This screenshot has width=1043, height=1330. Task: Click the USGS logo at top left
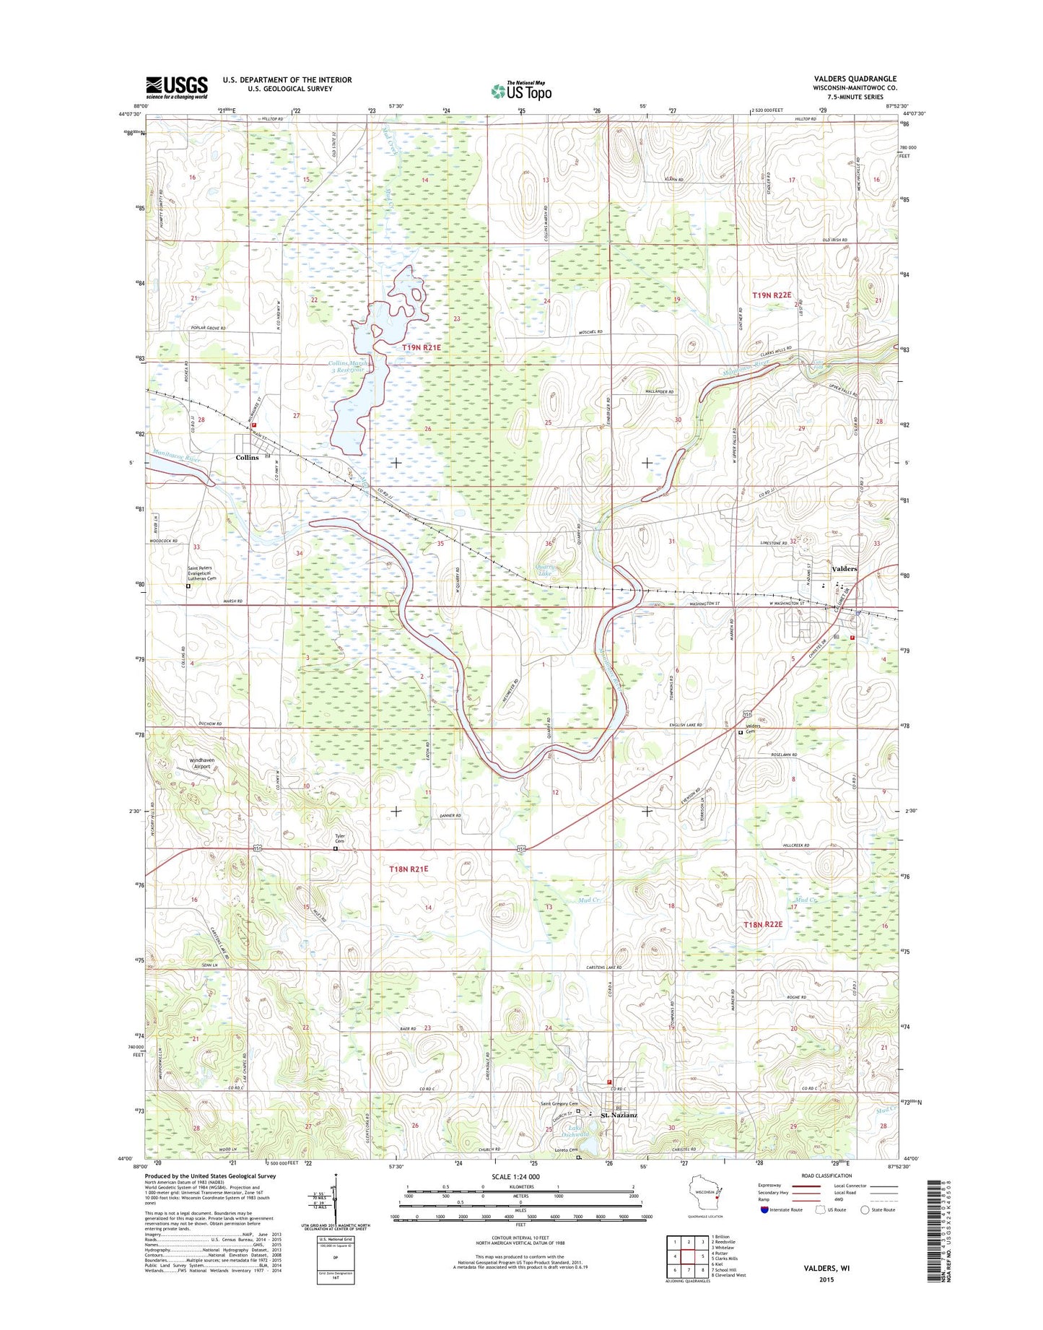[x=176, y=87]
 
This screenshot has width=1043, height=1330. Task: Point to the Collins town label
[x=247, y=458]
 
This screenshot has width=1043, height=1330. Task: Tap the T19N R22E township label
[x=772, y=295]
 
